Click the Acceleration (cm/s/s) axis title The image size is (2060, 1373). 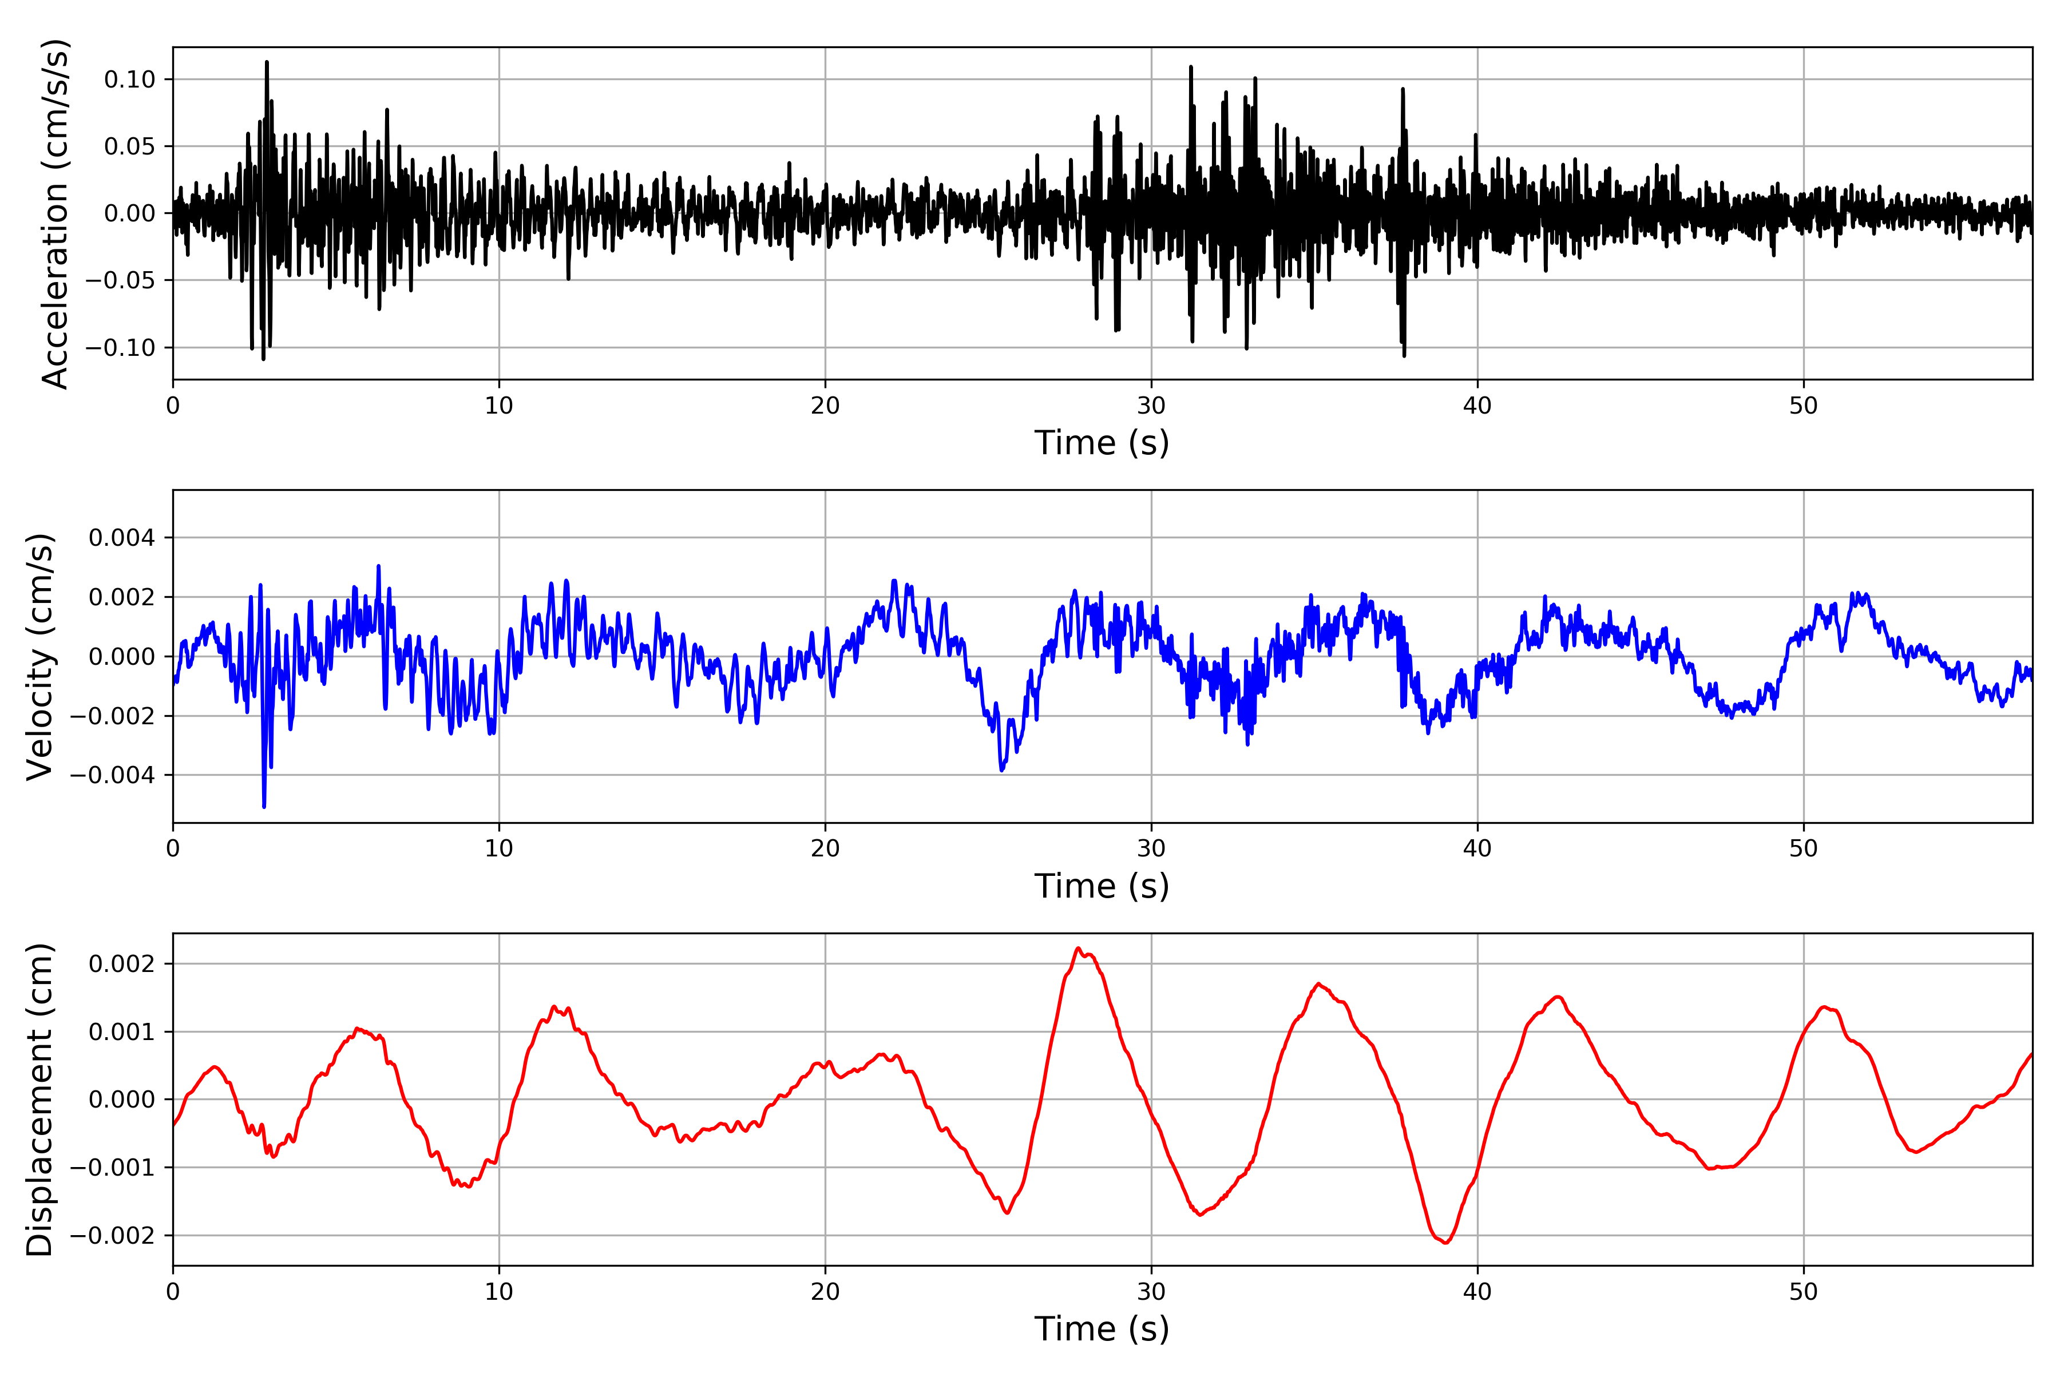coord(54,213)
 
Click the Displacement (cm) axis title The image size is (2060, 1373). coord(40,1100)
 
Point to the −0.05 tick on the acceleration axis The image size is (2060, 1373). coord(121,280)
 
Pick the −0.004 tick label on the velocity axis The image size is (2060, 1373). coord(113,775)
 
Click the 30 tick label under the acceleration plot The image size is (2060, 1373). coord(1151,406)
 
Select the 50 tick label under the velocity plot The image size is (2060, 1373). coord(1804,848)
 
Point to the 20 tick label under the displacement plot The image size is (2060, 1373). coord(825,1292)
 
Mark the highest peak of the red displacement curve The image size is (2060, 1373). coord(1078,949)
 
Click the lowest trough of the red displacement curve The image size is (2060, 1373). coord(1445,1243)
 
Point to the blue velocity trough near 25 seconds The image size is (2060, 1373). coord(1002,769)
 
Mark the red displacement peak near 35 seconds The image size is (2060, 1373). coord(1319,983)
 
